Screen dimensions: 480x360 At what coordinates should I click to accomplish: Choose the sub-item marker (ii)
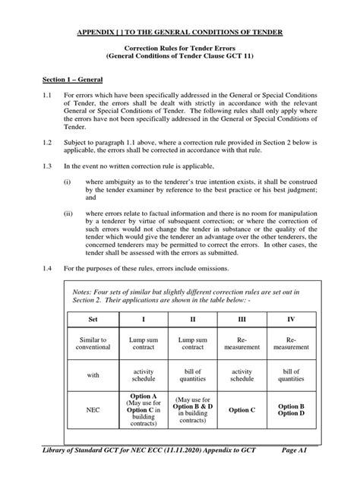68,215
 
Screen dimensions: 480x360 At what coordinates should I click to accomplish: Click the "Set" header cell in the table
93,320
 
